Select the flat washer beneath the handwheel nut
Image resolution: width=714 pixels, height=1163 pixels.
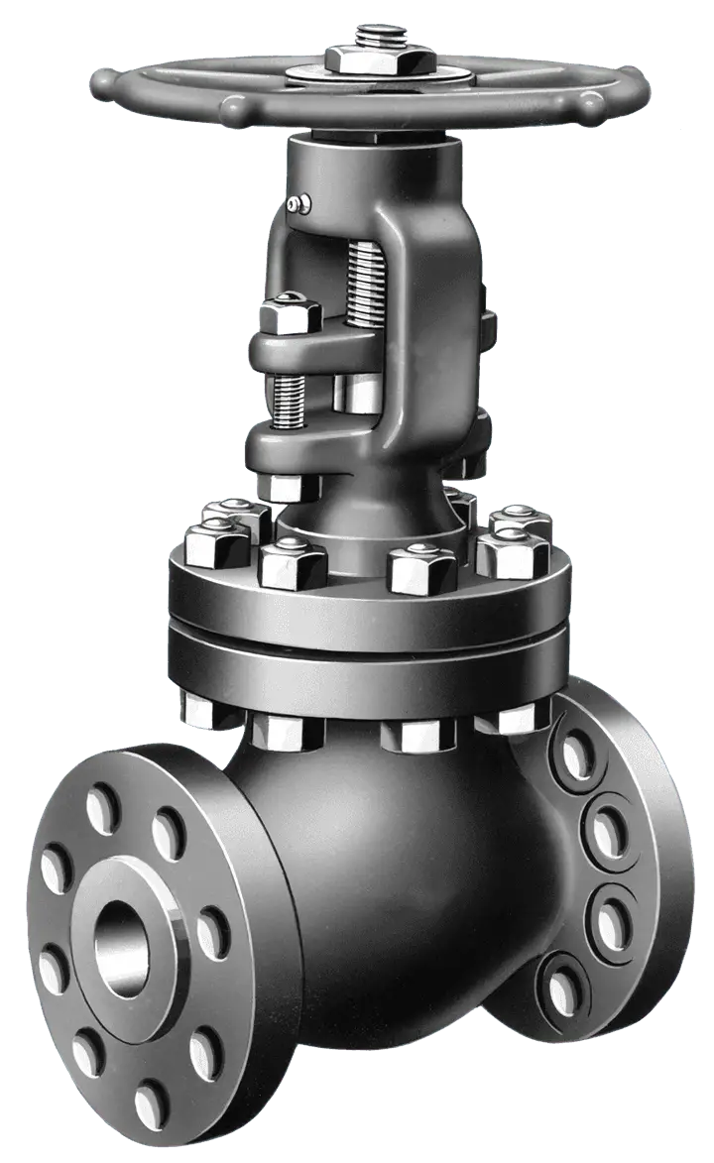click(x=366, y=75)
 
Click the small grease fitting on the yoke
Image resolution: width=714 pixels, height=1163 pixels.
click(x=295, y=205)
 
